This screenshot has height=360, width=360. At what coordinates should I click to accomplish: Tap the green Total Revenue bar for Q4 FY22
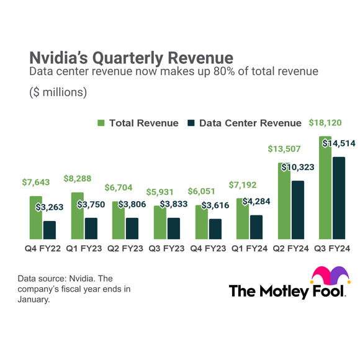click(x=35, y=217)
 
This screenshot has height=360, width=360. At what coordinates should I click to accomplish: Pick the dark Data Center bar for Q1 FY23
click(x=91, y=228)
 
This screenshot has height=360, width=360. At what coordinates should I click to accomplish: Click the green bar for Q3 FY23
click(x=160, y=222)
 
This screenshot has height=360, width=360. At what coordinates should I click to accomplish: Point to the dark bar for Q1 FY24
click(x=256, y=227)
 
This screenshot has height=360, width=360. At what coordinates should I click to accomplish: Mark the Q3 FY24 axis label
click(x=332, y=248)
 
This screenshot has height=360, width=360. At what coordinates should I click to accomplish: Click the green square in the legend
click(x=101, y=123)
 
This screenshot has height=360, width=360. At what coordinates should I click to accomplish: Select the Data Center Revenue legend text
click(x=250, y=123)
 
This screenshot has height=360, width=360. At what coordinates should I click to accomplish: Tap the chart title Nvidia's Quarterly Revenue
click(x=132, y=58)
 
